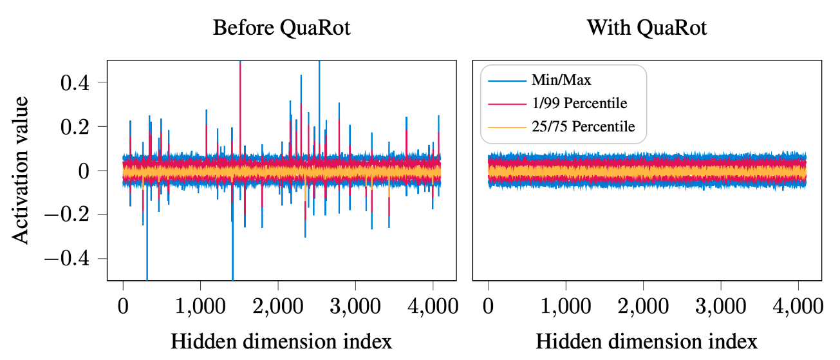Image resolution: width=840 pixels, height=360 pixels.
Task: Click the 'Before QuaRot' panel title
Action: [281, 28]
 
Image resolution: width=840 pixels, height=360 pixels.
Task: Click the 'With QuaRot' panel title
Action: [647, 28]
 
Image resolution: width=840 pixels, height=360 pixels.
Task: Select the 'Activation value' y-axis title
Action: [21, 170]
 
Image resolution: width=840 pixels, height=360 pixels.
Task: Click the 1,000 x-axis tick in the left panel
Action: [200, 305]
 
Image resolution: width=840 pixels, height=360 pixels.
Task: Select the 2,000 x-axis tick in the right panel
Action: [643, 305]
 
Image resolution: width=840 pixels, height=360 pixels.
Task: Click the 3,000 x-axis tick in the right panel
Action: [720, 305]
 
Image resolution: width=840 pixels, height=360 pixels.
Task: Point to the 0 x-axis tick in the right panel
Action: [489, 305]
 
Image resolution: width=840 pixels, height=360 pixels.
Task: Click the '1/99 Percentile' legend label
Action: [579, 104]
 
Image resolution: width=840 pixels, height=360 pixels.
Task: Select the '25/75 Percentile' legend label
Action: [583, 127]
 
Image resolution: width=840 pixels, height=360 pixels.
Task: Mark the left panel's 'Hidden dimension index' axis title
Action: [281, 341]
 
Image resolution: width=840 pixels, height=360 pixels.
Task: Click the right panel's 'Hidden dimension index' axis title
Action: [647, 341]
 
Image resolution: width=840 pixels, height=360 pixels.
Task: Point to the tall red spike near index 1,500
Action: [240, 97]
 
